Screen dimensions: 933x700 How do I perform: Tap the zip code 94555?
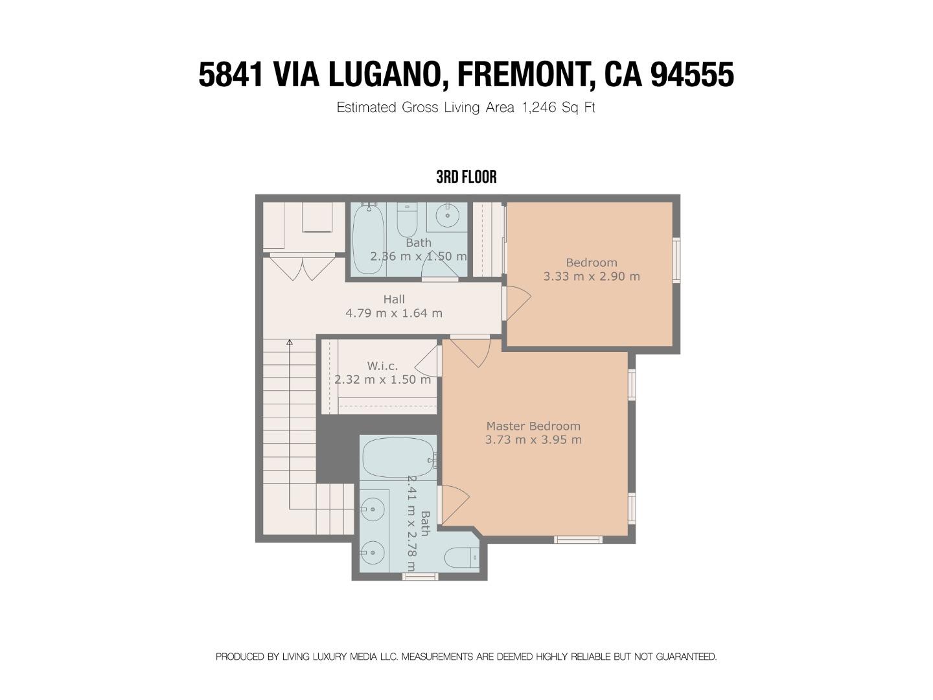tap(693, 75)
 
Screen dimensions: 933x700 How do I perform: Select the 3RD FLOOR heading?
tap(466, 177)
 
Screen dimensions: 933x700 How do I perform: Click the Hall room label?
tap(393, 299)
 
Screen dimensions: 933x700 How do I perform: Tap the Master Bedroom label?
tap(533, 426)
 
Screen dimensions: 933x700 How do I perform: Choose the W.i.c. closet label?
tap(382, 366)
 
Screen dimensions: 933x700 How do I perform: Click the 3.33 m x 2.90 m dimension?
tap(592, 276)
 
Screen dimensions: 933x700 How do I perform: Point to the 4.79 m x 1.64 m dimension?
tap(393, 313)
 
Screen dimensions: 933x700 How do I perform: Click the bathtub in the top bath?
tap(369, 239)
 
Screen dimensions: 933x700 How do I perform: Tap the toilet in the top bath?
tap(407, 220)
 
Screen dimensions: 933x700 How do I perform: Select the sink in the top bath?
tap(447, 216)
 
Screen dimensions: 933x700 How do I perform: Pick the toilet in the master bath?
tap(461, 557)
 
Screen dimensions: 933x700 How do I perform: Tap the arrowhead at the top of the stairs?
tap(290, 342)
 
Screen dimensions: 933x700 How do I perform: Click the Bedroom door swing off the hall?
tap(517, 303)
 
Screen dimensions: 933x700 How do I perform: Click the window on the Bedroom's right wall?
tap(675, 260)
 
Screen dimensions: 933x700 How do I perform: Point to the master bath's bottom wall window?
tap(420, 577)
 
